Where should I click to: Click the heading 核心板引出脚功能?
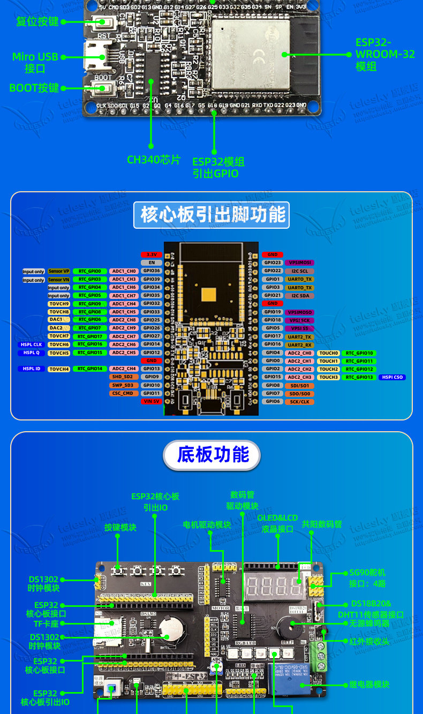tap(213, 214)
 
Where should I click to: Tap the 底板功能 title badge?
tap(212, 455)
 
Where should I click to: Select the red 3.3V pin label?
tap(152, 254)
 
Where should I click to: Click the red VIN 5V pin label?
tap(152, 401)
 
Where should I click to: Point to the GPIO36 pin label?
tap(152, 271)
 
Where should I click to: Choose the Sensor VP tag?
tap(59, 272)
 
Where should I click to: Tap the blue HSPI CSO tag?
tap(392, 378)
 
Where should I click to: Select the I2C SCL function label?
tap(300, 271)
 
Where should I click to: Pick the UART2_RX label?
tap(300, 345)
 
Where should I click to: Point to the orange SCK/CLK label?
tap(300, 402)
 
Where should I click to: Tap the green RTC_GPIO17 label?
tap(90, 336)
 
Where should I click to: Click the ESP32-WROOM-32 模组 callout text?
tap(384, 55)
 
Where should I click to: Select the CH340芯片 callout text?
tap(154, 160)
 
